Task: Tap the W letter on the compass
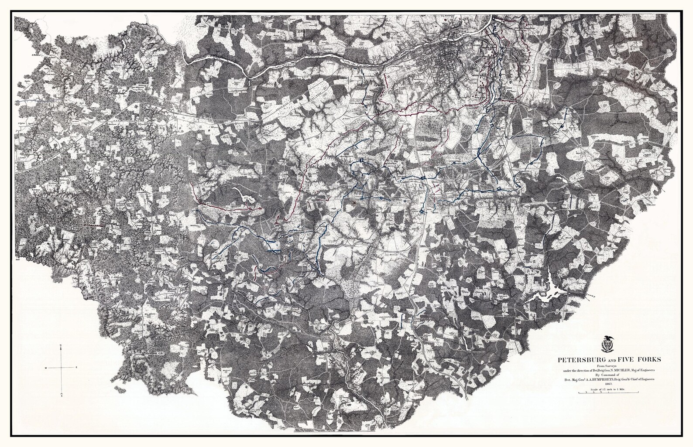(45, 369)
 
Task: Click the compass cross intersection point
(62, 369)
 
